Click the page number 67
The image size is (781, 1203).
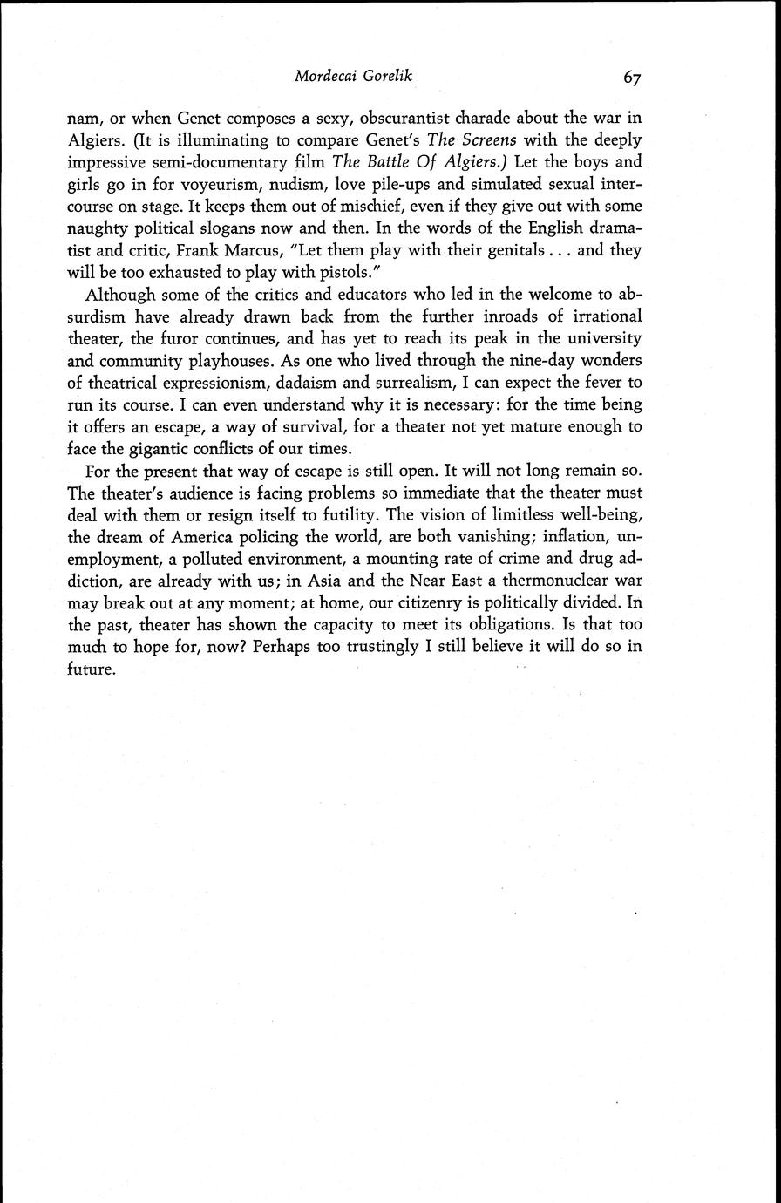click(633, 78)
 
